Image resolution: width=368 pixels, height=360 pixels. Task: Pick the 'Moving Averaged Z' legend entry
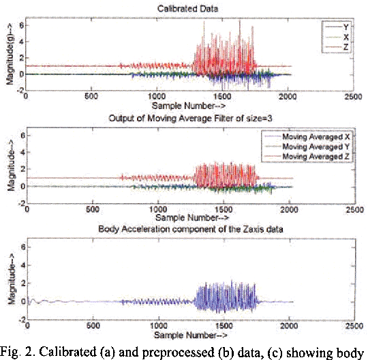[x=313, y=155]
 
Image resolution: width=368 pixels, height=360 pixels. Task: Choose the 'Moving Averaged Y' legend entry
[x=313, y=146]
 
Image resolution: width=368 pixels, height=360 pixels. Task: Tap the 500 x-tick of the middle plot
[x=92, y=211]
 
